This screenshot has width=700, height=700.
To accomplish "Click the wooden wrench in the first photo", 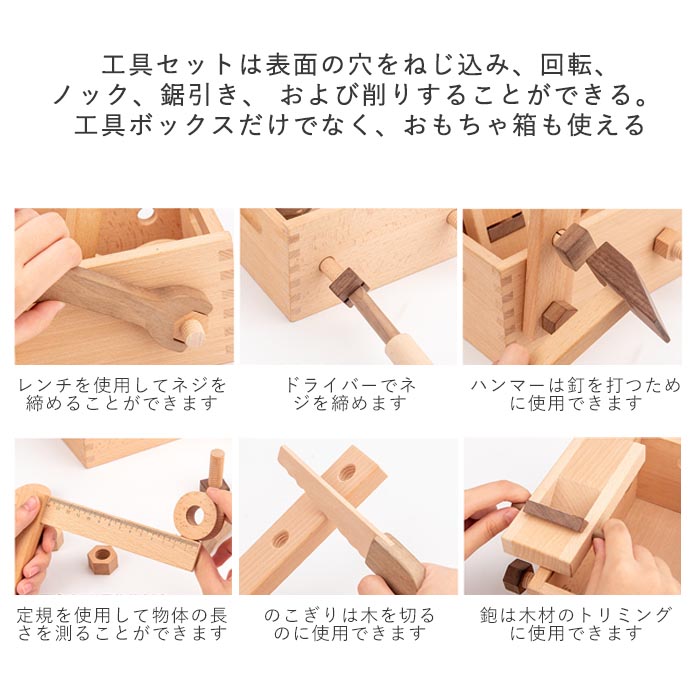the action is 129,304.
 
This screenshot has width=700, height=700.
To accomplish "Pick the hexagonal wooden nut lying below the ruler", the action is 102,560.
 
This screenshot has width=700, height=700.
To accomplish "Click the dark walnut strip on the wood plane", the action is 555,516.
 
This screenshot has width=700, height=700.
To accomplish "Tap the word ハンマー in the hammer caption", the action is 508,385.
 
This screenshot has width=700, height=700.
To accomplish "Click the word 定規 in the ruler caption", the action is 36,616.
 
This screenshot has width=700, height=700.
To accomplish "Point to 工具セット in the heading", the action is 168,65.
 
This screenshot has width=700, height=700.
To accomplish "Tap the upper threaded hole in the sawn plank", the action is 347,473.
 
